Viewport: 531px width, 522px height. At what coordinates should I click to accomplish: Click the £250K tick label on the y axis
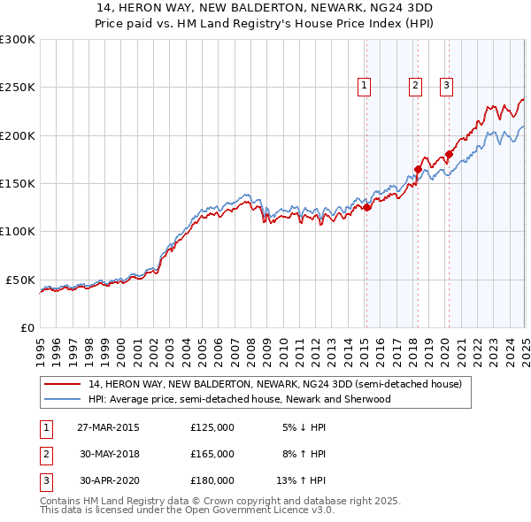point(17,88)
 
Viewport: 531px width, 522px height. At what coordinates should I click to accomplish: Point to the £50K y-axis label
point(20,280)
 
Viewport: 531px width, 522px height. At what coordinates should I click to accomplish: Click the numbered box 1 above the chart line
point(365,86)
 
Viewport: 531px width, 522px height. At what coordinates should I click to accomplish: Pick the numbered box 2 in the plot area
point(415,86)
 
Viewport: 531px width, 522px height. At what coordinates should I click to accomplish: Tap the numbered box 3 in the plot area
point(447,86)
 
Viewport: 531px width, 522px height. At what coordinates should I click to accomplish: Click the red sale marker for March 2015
point(366,208)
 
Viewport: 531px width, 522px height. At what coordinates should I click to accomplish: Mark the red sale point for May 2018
point(418,169)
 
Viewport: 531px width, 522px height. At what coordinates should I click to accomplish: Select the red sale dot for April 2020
point(449,155)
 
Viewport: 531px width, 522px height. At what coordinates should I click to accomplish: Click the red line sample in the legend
point(63,385)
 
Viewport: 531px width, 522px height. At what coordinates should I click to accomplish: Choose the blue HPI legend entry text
point(239,399)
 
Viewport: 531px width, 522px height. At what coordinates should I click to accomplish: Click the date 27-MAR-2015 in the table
point(108,427)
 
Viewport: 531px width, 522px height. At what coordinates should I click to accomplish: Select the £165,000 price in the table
point(212,454)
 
